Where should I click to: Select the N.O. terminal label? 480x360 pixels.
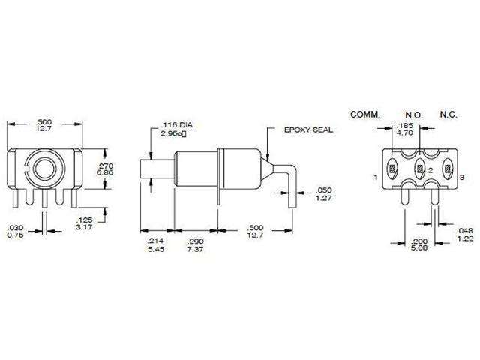pyautogui.click(x=415, y=115)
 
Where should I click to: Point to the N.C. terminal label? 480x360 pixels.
pyautogui.click(x=449, y=115)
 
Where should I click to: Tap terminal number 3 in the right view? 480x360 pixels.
pyautogui.click(x=461, y=178)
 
